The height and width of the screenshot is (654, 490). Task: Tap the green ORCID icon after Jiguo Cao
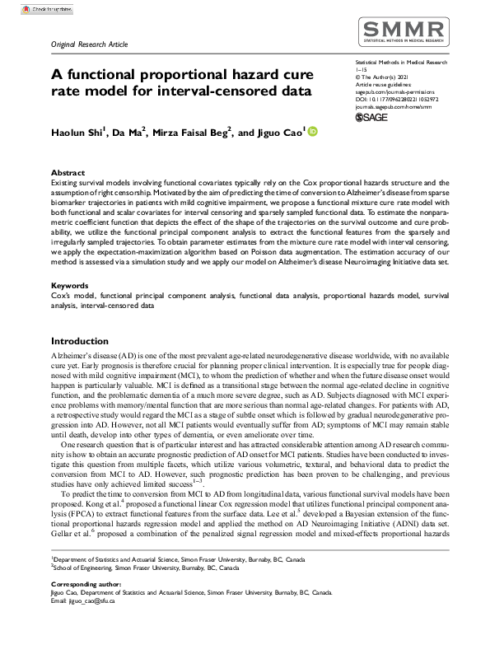(x=312, y=130)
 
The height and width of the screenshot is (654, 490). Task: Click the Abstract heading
(x=68, y=173)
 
